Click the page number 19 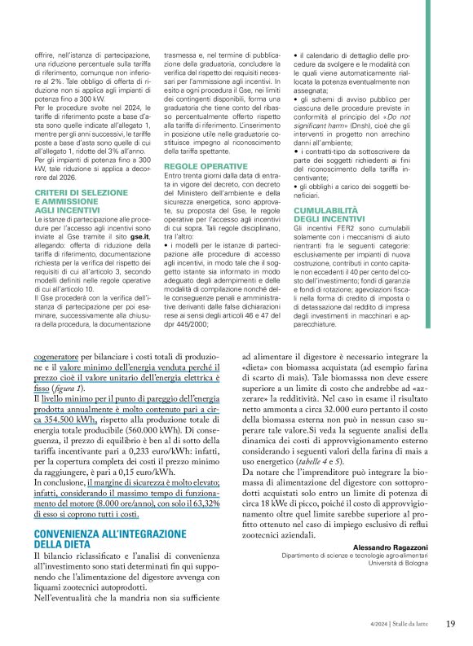(450, 625)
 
